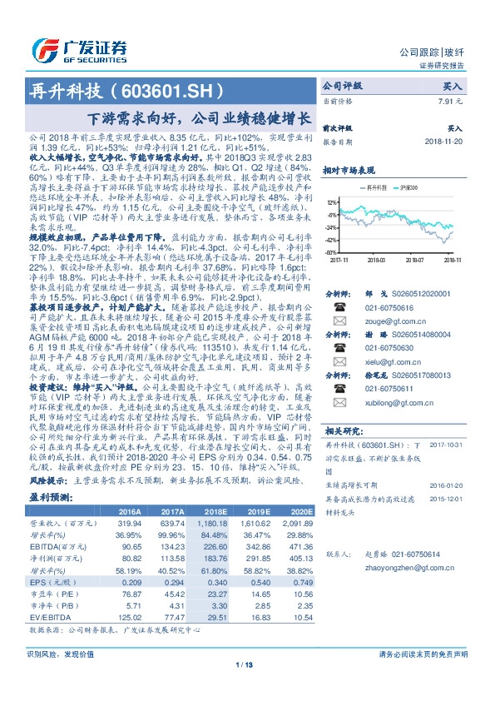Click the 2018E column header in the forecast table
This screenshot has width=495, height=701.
tap(200, 511)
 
